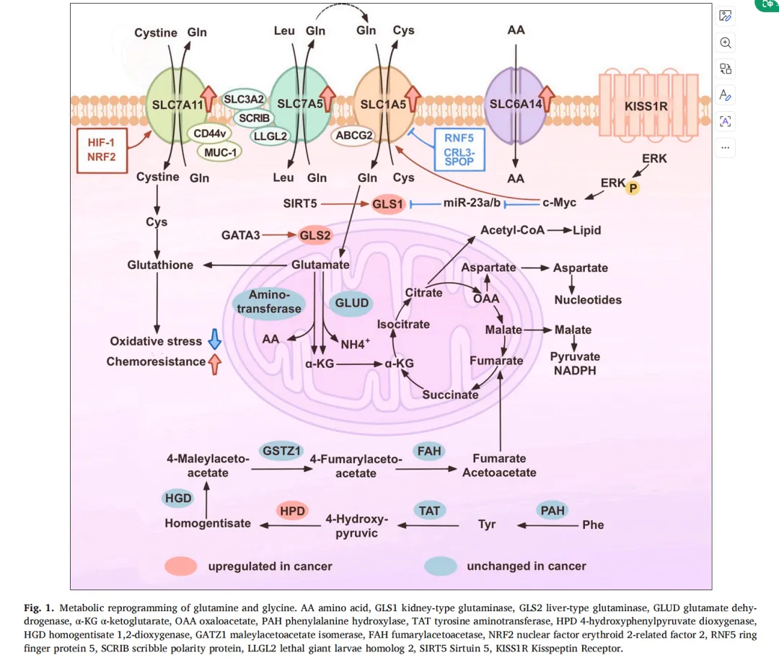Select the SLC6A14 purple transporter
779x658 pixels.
coord(516,104)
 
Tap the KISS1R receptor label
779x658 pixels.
coord(646,105)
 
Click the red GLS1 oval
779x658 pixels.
coord(387,205)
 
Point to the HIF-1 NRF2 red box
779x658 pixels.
coord(101,150)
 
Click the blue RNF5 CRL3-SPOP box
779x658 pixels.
coord(459,150)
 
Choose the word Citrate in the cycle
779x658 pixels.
coord(423,292)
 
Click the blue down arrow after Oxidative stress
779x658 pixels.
coord(214,341)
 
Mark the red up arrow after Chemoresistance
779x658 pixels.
coord(214,364)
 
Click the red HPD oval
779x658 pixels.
coord(293,511)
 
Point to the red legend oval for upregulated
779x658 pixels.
coord(180,566)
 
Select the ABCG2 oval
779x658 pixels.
coord(353,135)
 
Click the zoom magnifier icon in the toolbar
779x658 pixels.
coord(726,43)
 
